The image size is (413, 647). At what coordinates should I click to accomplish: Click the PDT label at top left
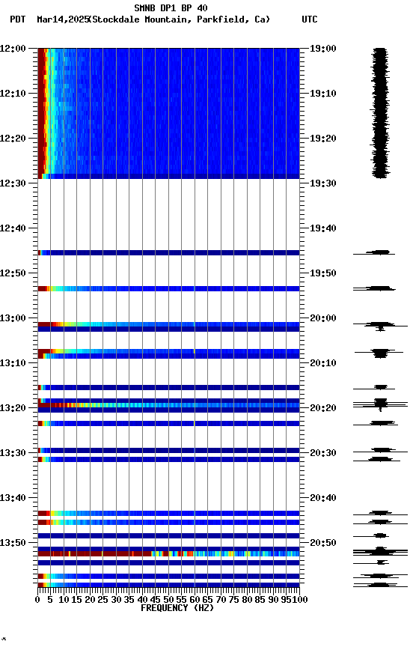coord(18,19)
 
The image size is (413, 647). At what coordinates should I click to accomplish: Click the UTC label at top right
coord(310,19)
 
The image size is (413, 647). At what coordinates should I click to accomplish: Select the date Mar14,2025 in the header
coord(62,19)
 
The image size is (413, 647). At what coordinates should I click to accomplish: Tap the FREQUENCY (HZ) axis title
coord(169,608)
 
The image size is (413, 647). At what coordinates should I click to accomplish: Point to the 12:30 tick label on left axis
coord(13,183)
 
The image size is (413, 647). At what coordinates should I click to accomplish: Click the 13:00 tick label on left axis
coord(13,318)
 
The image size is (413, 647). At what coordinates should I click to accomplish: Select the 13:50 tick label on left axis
coord(13,543)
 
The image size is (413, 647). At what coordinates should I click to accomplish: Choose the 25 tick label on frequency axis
coord(103,599)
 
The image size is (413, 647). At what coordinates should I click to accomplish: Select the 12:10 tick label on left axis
coord(13,94)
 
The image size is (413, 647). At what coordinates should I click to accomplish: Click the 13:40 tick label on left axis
coord(13,498)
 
